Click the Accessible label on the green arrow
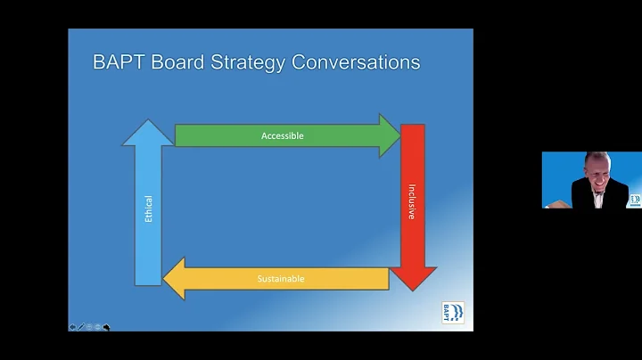(x=283, y=135)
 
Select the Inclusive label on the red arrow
(x=412, y=202)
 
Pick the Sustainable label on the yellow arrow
(x=281, y=279)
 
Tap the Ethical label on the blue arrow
(x=148, y=209)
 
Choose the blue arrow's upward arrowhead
(x=148, y=132)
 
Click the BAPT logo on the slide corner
(x=452, y=313)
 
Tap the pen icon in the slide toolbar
(x=81, y=327)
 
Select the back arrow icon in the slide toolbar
(x=73, y=327)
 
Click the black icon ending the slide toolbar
(x=107, y=327)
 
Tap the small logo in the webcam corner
(x=634, y=200)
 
